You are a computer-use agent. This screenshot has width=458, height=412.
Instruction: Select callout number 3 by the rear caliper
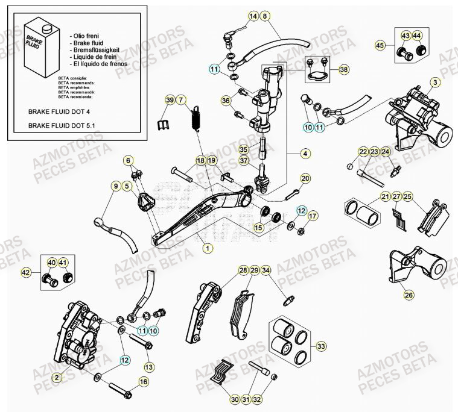click(x=435, y=81)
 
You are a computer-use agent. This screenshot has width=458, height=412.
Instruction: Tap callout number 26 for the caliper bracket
click(x=409, y=295)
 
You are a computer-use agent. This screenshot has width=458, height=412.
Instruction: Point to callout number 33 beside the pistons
click(x=320, y=346)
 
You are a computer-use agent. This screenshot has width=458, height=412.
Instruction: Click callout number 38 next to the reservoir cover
click(x=343, y=70)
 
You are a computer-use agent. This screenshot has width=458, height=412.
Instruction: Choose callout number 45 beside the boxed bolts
click(x=380, y=45)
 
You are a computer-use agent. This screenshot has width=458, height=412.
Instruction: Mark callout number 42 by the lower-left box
click(x=25, y=273)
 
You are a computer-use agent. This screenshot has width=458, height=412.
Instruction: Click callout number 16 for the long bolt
click(x=143, y=381)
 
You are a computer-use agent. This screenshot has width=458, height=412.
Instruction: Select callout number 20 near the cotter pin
click(x=305, y=178)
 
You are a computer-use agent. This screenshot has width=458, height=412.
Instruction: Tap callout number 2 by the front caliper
click(x=57, y=378)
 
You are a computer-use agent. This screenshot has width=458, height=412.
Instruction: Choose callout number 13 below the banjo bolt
click(x=148, y=366)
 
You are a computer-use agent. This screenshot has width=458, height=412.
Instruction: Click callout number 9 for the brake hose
click(x=115, y=187)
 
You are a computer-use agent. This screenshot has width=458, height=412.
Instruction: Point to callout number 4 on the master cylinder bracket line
click(x=306, y=154)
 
